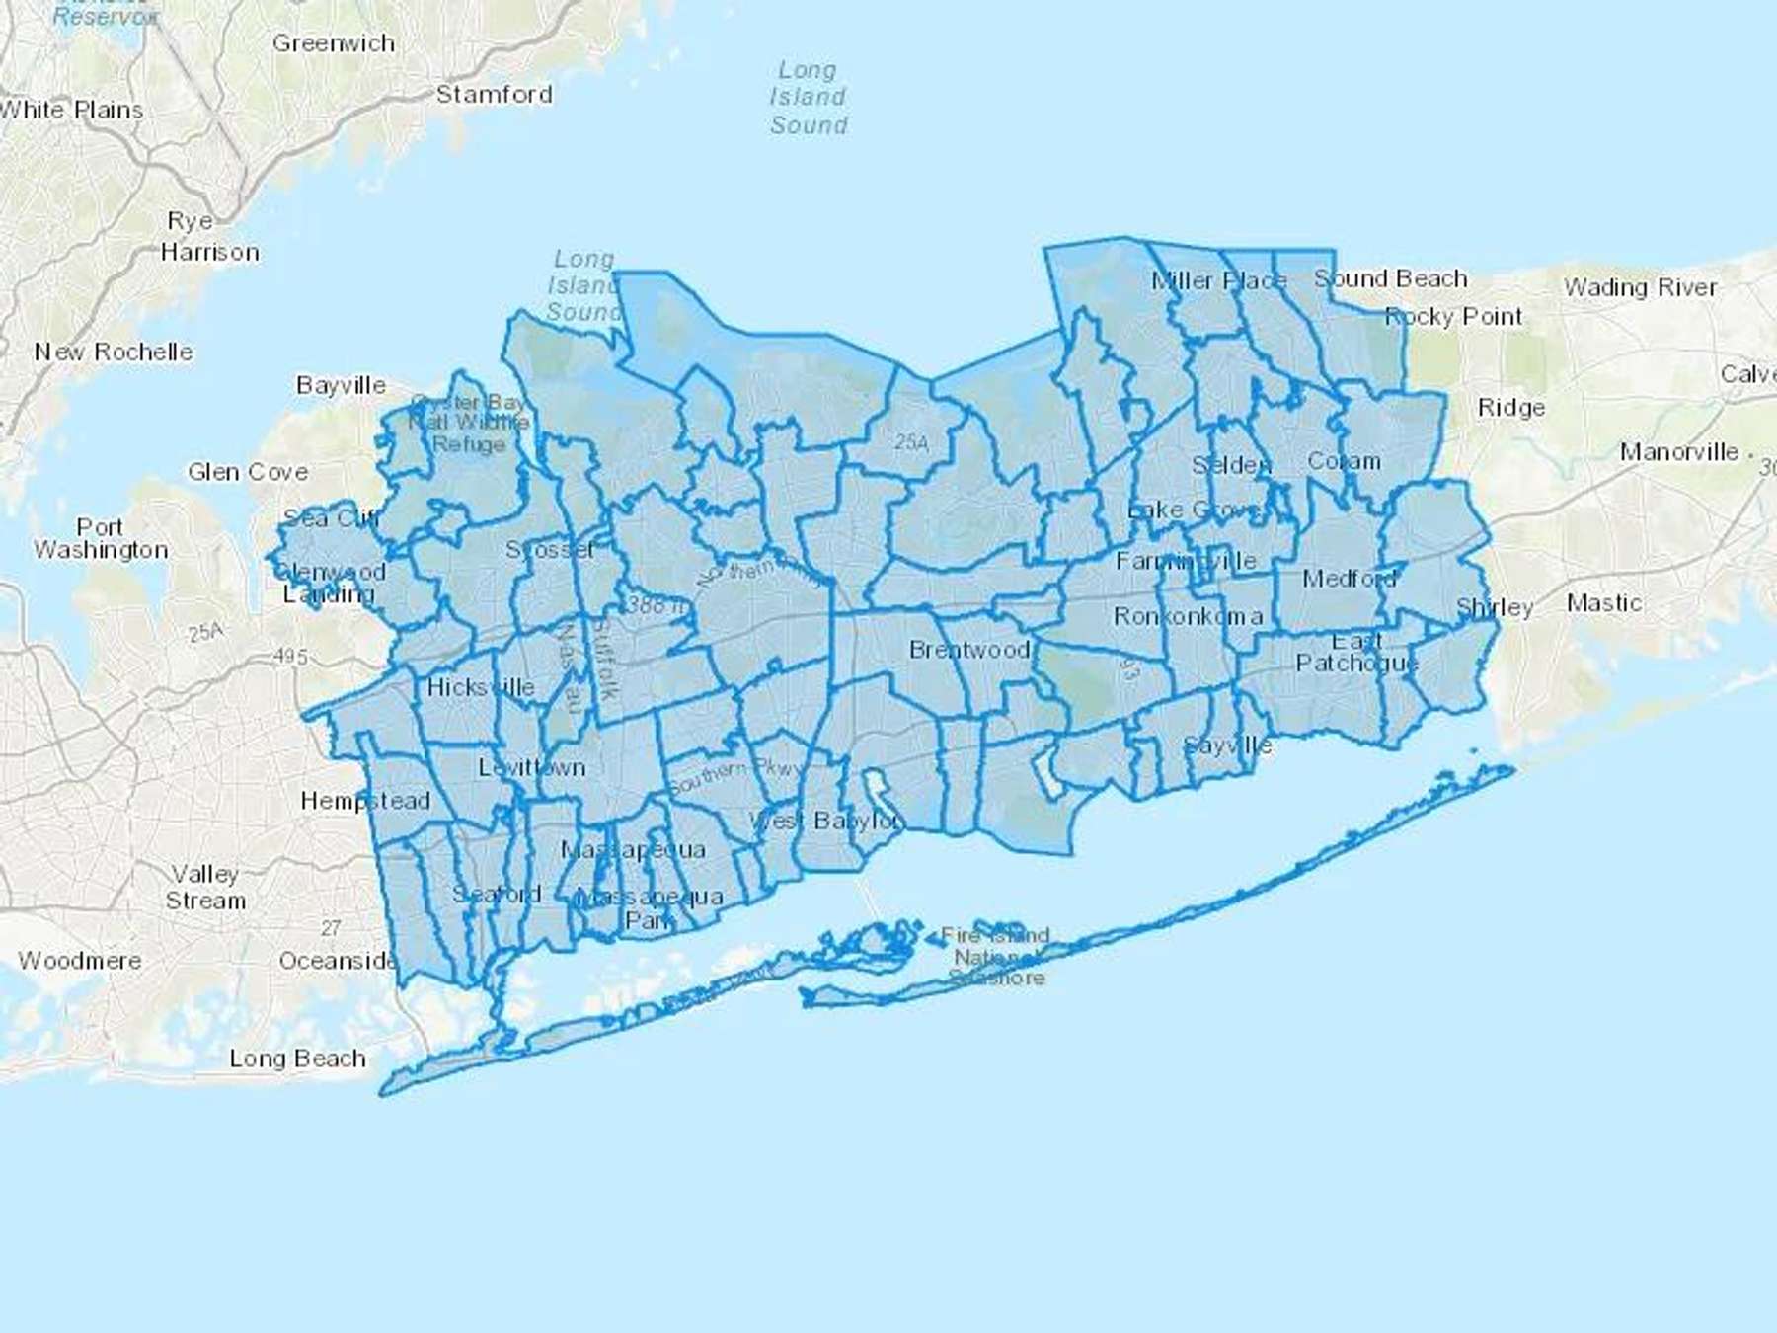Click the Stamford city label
pos(494,95)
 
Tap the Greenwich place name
pos(334,43)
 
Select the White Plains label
pos(71,110)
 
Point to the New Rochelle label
pos(114,352)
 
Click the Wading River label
pos(1640,287)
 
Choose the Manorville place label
pos(1678,452)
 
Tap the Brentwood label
pos(969,650)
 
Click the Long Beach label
pos(297,1059)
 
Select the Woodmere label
pos(80,960)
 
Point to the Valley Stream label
pos(205,887)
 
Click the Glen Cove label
pos(248,472)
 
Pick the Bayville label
pos(341,385)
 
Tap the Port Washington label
pos(101,538)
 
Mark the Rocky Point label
pos(1453,317)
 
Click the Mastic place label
pos(1604,602)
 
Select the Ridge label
pos(1510,408)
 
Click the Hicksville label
pos(481,687)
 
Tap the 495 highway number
pos(290,657)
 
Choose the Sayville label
pos(1227,745)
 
